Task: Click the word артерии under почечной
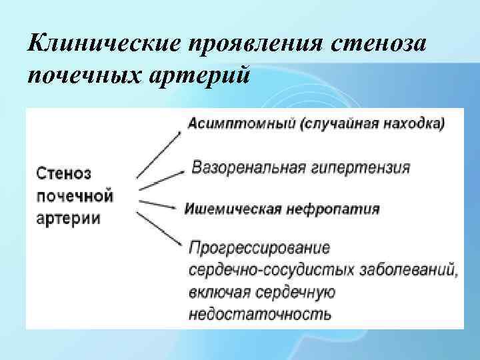coord(68,218)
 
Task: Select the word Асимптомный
coord(233,124)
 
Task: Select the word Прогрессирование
coord(259,249)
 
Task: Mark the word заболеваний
coord(413,270)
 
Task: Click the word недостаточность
coord(259,313)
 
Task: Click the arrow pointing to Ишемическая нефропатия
coord(160,203)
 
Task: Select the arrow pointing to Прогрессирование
coord(160,230)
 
